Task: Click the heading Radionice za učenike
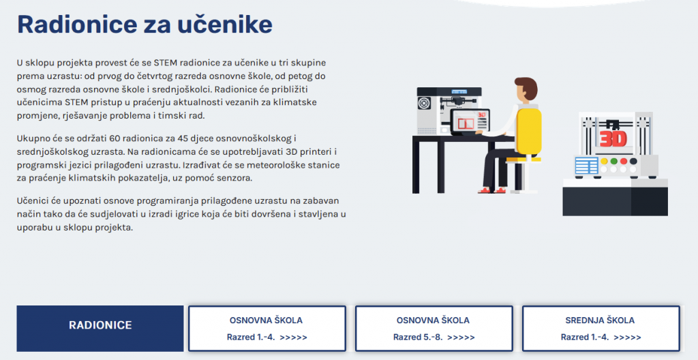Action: click(145, 25)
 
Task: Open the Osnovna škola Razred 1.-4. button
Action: click(267, 329)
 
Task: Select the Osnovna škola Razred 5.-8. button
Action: click(434, 329)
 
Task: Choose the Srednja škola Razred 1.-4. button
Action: click(601, 329)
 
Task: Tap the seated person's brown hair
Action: click(528, 87)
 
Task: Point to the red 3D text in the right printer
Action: click(613, 138)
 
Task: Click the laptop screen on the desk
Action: click(470, 121)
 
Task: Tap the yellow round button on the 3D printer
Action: click(604, 162)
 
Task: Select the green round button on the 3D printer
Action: click(614, 162)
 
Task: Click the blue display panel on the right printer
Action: click(586, 166)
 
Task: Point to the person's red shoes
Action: click(493, 190)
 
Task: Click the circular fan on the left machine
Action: click(424, 104)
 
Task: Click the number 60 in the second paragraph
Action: click(115, 138)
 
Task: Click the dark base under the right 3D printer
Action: click(616, 200)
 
